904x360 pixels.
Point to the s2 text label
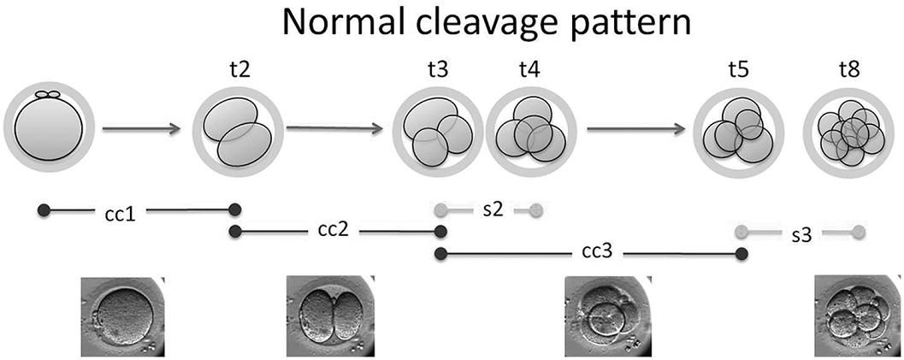pyautogui.click(x=492, y=210)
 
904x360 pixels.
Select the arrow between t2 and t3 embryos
pyautogui.click(x=334, y=130)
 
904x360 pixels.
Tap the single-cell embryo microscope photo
pyautogui.click(x=121, y=316)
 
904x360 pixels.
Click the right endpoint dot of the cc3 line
pyautogui.click(x=742, y=254)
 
